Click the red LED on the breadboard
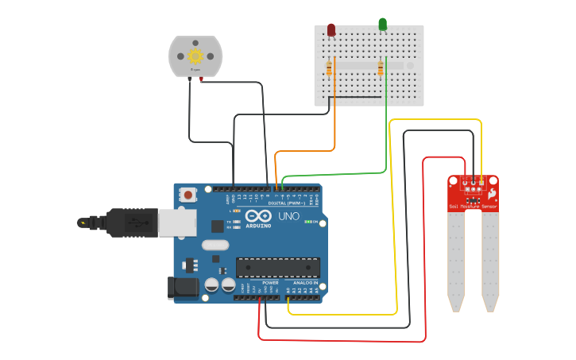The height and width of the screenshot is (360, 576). [331, 30]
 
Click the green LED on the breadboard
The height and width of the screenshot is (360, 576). [383, 25]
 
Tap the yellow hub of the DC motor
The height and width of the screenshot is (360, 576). [195, 55]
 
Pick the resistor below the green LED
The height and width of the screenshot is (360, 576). [381, 69]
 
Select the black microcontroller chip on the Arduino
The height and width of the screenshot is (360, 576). [278, 268]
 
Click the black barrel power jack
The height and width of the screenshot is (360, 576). [183, 288]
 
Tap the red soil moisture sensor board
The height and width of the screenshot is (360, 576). [473, 194]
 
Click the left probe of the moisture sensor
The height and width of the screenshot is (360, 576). [455, 262]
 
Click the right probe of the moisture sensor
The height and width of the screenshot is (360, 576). [490, 262]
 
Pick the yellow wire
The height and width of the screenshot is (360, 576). [396, 238]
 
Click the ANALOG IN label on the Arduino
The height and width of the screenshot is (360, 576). [305, 282]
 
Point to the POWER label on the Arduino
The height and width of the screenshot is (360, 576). [270, 282]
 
